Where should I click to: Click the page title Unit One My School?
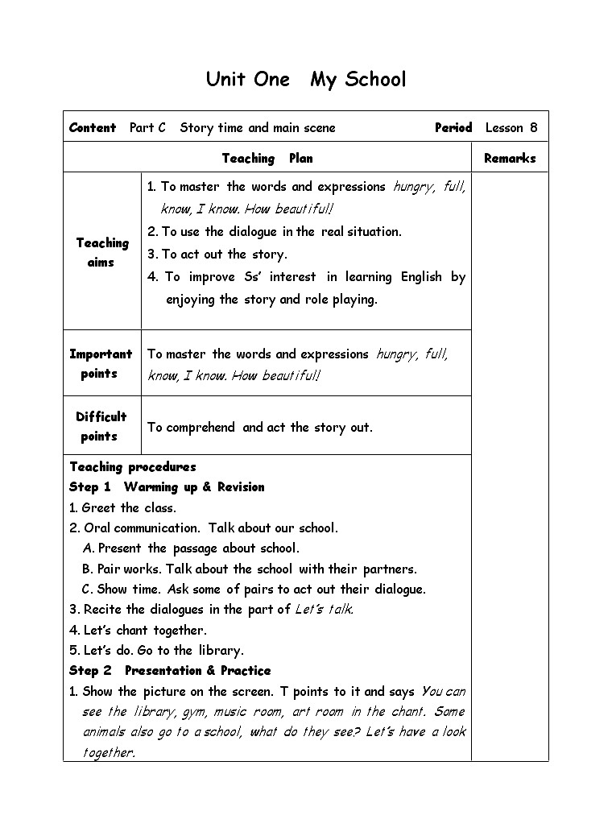(x=306, y=79)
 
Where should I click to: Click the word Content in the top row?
(x=93, y=127)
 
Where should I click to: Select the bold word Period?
(x=453, y=127)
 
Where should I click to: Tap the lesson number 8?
(x=533, y=127)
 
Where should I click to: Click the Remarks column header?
(x=510, y=159)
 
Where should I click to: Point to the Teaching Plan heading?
(x=267, y=159)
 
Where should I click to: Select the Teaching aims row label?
(x=102, y=252)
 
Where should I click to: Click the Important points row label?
(x=101, y=363)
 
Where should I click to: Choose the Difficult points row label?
(x=101, y=426)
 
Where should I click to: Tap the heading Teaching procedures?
(x=133, y=467)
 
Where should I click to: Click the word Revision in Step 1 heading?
(x=240, y=487)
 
